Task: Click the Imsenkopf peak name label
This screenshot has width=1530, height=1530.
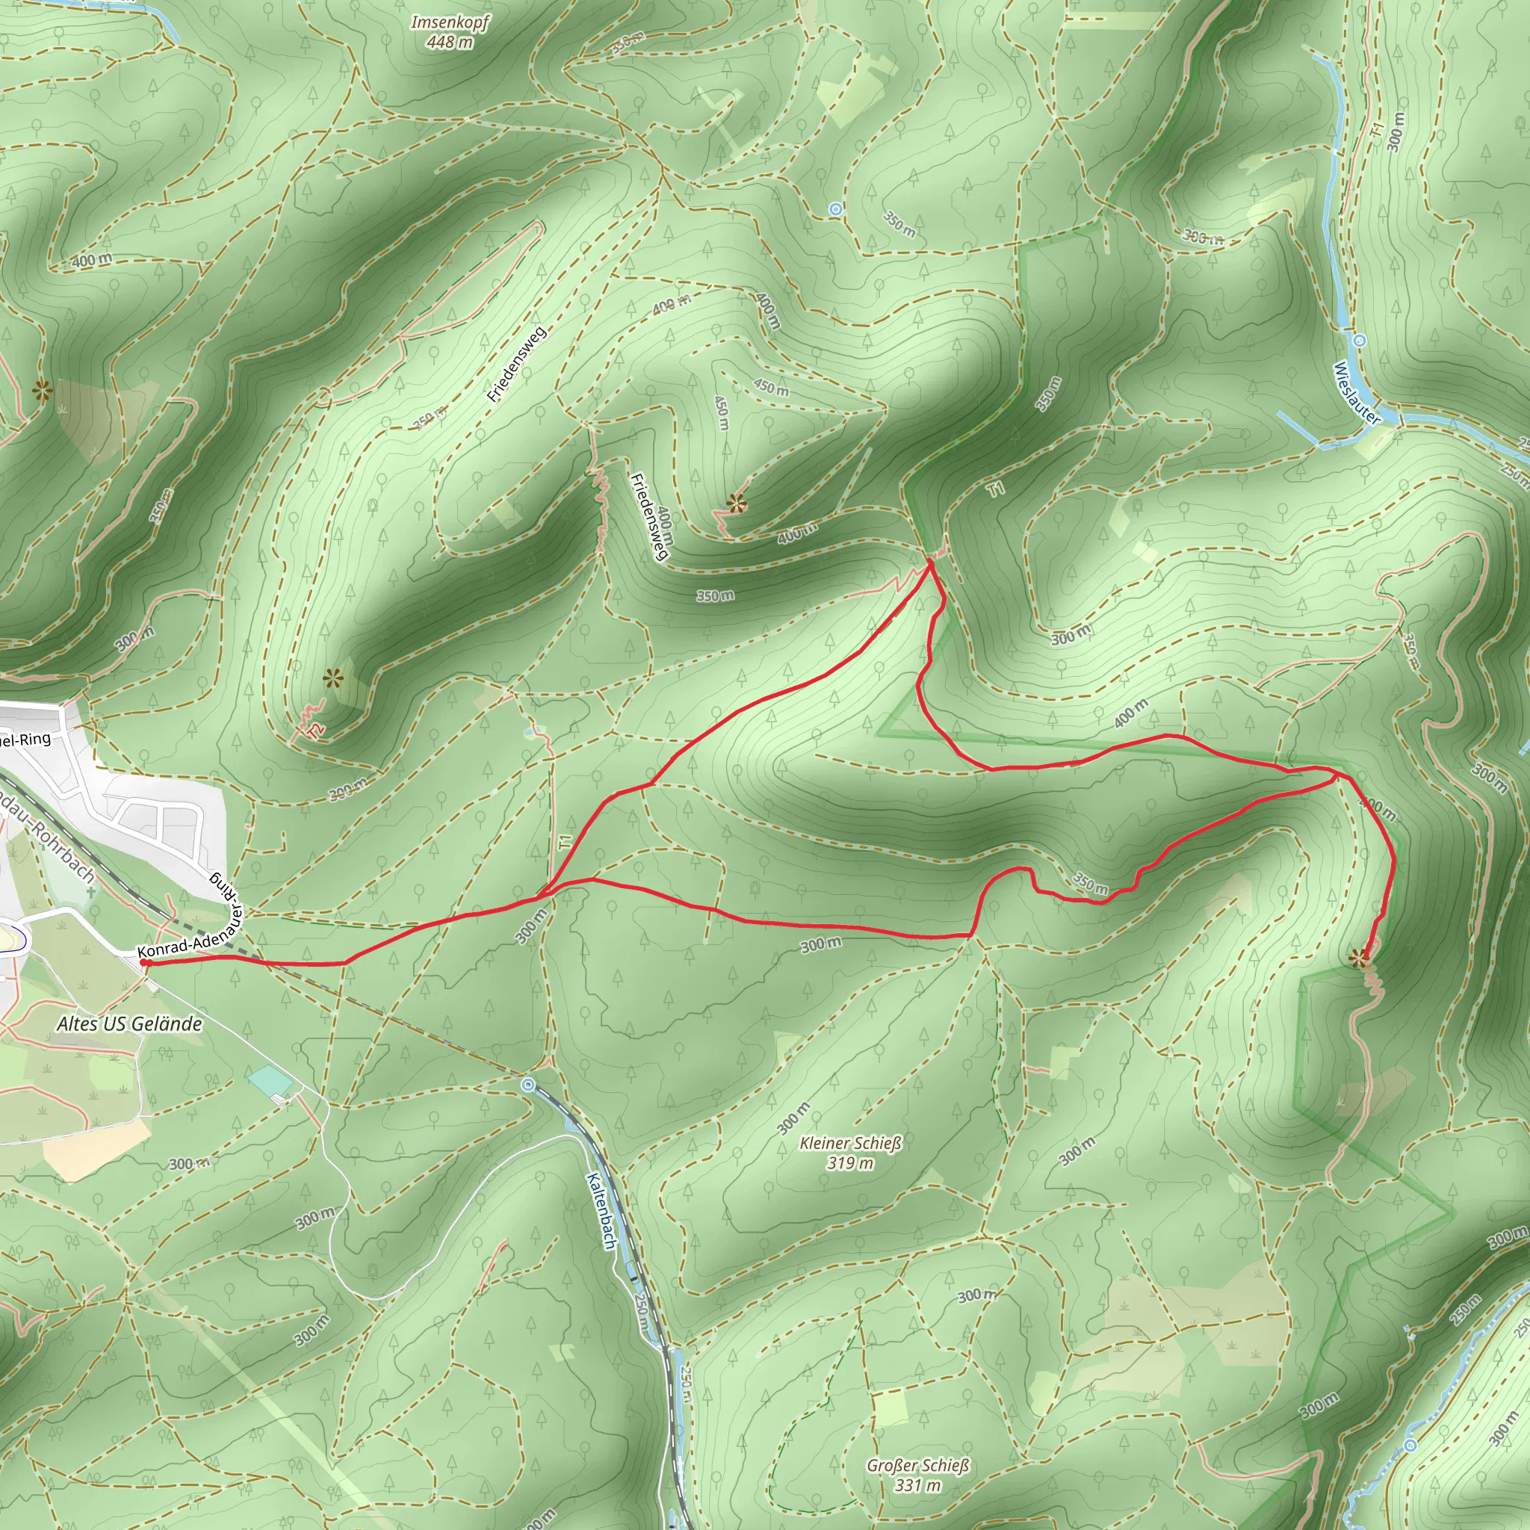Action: click(450, 22)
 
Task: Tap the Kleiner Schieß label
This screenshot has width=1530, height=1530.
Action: click(850, 1143)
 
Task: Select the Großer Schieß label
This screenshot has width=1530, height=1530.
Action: click(918, 1465)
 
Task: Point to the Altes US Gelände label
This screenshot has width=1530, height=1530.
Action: click(129, 1024)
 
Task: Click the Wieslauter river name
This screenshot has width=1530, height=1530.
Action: click(1356, 393)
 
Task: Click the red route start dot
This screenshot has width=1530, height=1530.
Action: click(145, 963)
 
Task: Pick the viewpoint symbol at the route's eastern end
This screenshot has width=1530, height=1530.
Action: click(1359, 959)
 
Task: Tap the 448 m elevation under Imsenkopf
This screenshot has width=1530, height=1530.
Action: click(450, 42)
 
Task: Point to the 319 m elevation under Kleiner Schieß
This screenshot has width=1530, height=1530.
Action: click(850, 1163)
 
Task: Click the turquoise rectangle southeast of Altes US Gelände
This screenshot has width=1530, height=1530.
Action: click(269, 1081)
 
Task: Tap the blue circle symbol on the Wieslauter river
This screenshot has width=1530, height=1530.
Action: click(1359, 341)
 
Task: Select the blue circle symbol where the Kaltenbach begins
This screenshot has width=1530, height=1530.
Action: click(528, 1084)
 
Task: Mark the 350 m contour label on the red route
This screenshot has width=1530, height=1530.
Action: click(1091, 884)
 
